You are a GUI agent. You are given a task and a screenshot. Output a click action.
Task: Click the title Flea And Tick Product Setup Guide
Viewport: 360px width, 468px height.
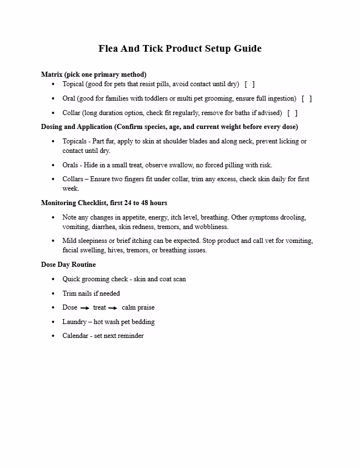(180, 48)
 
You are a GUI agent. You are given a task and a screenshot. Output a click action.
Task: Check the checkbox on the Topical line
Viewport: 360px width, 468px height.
(249, 84)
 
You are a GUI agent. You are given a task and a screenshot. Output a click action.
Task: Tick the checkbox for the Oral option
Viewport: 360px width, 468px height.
(307, 98)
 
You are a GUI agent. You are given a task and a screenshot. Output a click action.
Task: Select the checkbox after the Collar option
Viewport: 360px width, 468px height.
(292, 113)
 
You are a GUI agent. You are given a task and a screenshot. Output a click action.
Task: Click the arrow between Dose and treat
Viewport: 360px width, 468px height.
(85, 308)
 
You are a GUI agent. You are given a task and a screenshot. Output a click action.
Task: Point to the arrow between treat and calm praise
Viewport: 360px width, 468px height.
(113, 308)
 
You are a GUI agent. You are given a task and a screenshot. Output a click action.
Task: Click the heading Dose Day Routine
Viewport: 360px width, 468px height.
(68, 265)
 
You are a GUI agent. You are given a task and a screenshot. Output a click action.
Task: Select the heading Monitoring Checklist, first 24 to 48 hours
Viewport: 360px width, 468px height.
(104, 203)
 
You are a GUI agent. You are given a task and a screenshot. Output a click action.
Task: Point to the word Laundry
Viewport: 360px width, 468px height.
(74, 322)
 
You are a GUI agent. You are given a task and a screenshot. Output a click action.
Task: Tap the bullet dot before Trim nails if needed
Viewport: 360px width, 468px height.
(53, 293)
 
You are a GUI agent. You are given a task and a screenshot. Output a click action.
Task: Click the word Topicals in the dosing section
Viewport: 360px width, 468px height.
(75, 141)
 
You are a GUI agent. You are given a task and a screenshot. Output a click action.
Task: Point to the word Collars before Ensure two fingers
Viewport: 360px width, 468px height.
(74, 179)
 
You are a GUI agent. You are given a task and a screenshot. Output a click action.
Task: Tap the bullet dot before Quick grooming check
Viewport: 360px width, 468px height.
(53, 279)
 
